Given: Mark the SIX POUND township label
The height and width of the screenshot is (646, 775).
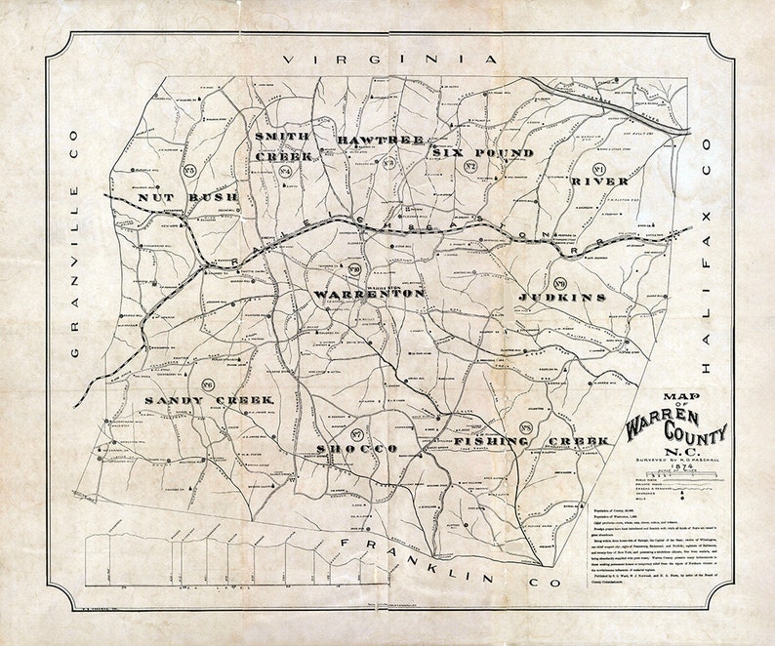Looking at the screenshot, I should [x=483, y=154].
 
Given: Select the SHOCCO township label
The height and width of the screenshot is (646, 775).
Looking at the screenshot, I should [x=356, y=448].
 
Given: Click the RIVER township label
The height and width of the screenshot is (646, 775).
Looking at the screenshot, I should [x=599, y=182].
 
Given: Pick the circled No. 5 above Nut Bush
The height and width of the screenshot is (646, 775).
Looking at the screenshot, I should [x=189, y=172].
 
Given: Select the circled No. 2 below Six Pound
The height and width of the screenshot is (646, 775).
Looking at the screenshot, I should [x=469, y=168].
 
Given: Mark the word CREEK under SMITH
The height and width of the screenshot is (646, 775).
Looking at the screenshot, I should [x=283, y=156].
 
